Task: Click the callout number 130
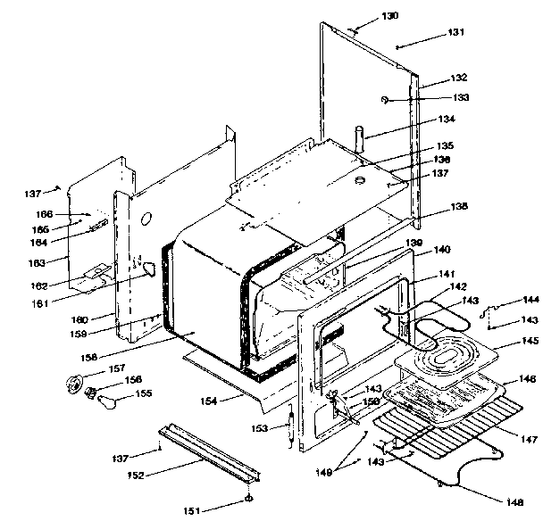[x=390, y=16]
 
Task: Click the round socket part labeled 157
[x=71, y=385]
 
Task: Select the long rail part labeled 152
[x=205, y=455]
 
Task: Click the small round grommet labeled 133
[x=383, y=98]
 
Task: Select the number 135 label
[x=445, y=146]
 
